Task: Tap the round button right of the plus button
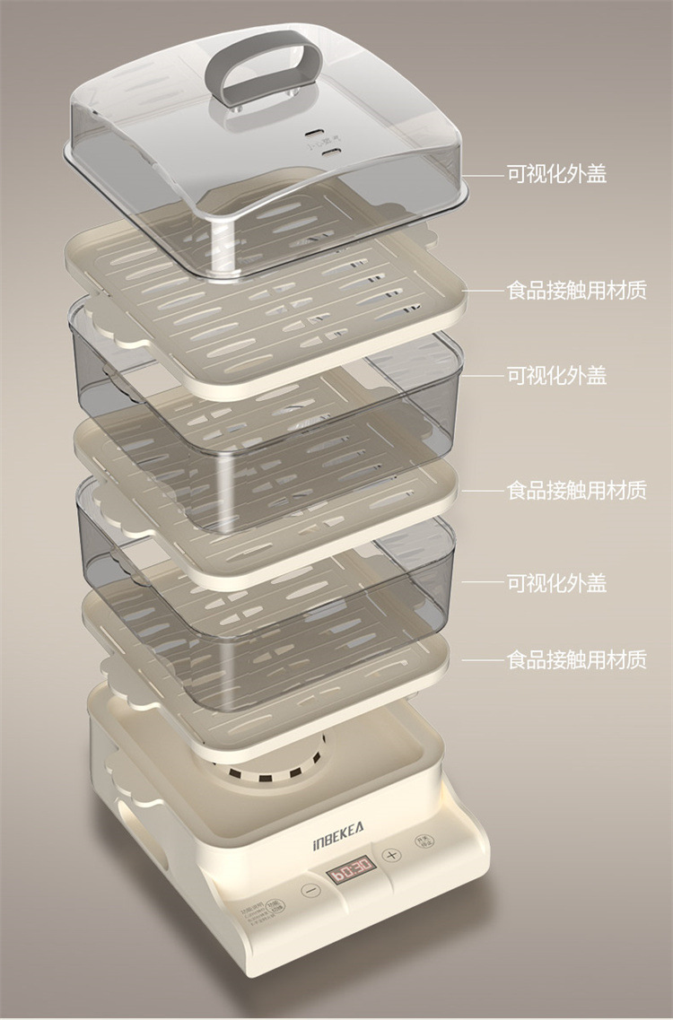click(421, 841)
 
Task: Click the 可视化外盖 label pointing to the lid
click(556, 174)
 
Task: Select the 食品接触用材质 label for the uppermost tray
click(576, 291)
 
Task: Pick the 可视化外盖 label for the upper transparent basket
click(556, 375)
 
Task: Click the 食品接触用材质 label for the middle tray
click(576, 490)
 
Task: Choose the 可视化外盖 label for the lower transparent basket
click(556, 584)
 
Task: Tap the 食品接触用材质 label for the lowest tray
click(576, 660)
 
